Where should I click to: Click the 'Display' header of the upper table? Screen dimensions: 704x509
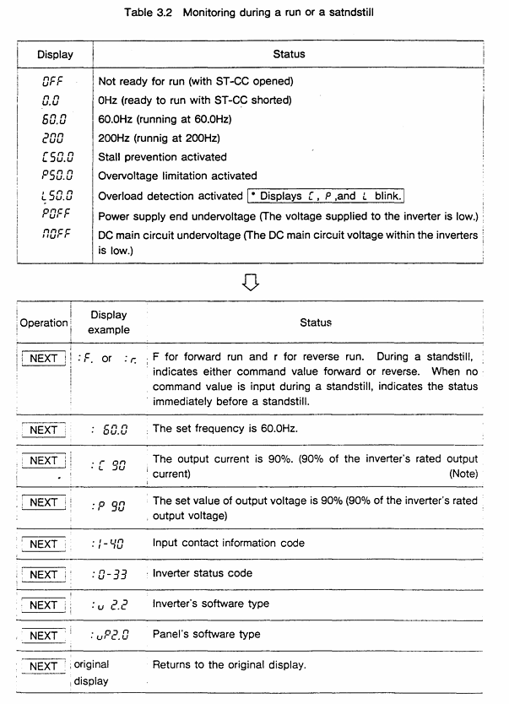click(55, 54)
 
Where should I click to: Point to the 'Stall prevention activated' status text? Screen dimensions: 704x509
click(163, 157)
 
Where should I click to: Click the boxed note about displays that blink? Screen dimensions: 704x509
click(326, 196)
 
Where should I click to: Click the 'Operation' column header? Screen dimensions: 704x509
click(44, 322)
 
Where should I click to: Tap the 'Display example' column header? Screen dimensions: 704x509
click(109, 322)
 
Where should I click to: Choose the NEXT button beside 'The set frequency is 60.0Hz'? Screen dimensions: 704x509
click(43, 430)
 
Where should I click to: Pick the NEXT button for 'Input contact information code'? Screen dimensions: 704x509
click(43, 544)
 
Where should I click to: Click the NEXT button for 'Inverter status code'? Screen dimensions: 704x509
click(43, 575)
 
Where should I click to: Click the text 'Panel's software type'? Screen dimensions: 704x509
click(207, 634)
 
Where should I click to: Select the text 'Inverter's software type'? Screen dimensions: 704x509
click(211, 604)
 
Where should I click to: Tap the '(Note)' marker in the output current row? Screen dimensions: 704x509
click(463, 474)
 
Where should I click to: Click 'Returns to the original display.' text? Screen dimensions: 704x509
click(229, 665)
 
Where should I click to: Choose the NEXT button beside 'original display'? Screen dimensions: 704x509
click(43, 666)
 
